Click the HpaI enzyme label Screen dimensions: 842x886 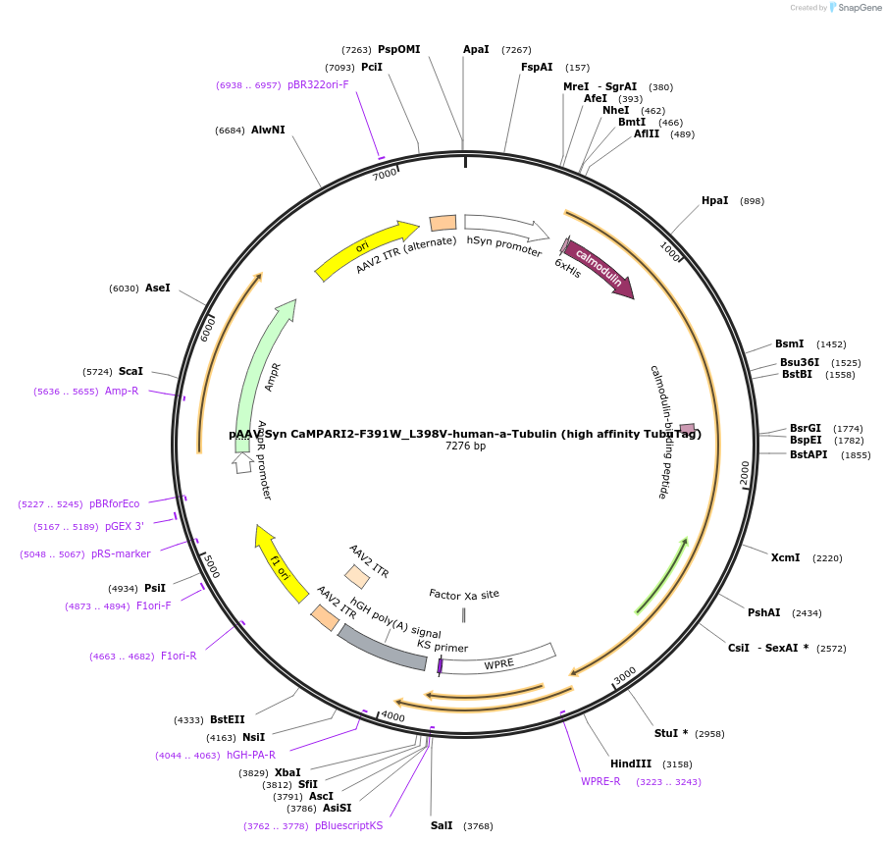[714, 200]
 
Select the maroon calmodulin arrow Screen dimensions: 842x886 [599, 270]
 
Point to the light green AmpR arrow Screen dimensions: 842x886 [262, 373]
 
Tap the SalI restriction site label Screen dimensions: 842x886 [442, 825]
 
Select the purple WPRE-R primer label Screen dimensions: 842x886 [600, 781]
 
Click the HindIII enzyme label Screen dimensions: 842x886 [630, 763]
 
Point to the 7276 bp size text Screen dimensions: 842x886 [465, 446]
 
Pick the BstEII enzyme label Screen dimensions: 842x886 [228, 719]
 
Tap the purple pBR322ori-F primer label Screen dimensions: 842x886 [318, 84]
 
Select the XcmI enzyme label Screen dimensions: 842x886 [785, 557]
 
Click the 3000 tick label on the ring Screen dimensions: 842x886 [625, 676]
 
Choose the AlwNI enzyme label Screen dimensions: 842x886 [268, 130]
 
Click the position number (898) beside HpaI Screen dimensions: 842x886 [752, 201]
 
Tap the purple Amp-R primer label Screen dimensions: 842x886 [122, 391]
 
